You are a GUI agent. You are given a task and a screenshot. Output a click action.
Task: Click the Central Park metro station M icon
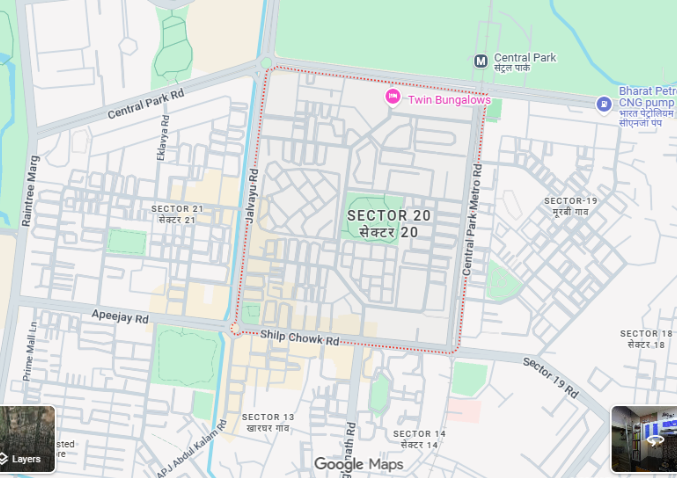[x=481, y=61]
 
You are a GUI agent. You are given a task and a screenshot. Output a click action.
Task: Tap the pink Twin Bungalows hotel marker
[x=393, y=96]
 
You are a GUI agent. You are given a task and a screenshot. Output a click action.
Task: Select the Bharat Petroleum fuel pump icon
[x=604, y=104]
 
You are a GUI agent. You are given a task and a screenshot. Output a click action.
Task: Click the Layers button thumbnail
[x=27, y=439]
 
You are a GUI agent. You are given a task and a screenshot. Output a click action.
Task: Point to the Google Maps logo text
[x=359, y=464]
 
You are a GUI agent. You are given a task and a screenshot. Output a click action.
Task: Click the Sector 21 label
[x=177, y=209]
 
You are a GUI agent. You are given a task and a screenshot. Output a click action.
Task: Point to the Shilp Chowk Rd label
[x=300, y=338]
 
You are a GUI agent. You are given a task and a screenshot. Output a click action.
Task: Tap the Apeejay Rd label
[x=120, y=317]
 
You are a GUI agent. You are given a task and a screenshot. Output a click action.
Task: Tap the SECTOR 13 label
[x=268, y=417]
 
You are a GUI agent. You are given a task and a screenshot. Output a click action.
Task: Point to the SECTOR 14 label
[x=419, y=434]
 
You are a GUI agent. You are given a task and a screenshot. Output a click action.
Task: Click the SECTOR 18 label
[x=646, y=334]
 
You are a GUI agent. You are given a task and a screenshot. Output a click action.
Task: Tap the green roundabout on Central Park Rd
[x=266, y=63]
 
